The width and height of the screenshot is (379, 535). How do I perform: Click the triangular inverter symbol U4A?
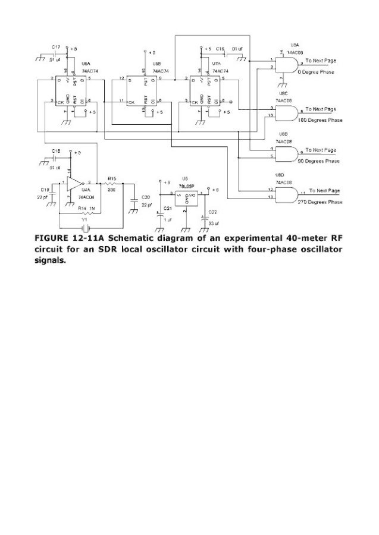[74, 182]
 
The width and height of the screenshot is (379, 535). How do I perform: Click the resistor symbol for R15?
[111, 184]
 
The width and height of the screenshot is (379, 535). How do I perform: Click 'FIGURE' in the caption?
[53, 238]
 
